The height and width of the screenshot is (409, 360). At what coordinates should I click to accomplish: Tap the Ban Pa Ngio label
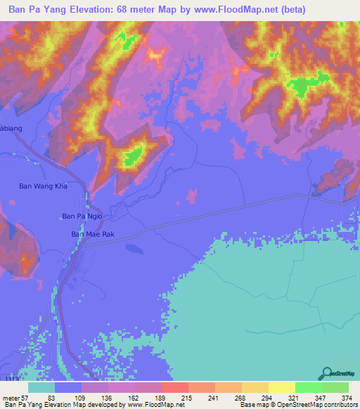click(x=83, y=216)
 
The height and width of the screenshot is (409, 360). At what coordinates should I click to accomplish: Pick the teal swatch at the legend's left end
click(x=41, y=388)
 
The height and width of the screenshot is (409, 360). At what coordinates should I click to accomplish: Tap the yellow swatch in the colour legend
click(x=281, y=388)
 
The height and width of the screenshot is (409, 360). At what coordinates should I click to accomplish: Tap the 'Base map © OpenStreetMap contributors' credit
click(x=298, y=405)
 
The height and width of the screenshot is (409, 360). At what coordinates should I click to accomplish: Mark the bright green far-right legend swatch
click(x=335, y=388)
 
